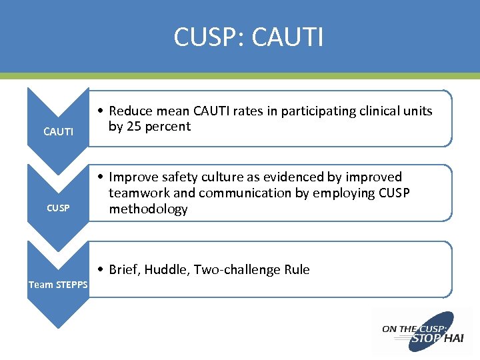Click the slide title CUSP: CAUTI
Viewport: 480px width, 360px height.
click(x=248, y=37)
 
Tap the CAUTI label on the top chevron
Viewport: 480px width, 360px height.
click(x=58, y=132)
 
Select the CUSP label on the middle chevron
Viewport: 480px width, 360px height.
click(x=58, y=209)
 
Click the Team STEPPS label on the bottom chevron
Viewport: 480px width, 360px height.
click(x=59, y=285)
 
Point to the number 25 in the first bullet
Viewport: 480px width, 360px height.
click(x=133, y=127)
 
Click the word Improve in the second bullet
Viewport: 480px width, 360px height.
click(x=133, y=177)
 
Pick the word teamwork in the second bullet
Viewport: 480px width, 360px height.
click(x=138, y=193)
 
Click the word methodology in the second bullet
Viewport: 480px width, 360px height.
click(x=148, y=209)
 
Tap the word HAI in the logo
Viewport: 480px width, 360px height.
click(x=453, y=338)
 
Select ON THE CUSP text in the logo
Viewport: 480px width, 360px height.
click(x=408, y=329)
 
